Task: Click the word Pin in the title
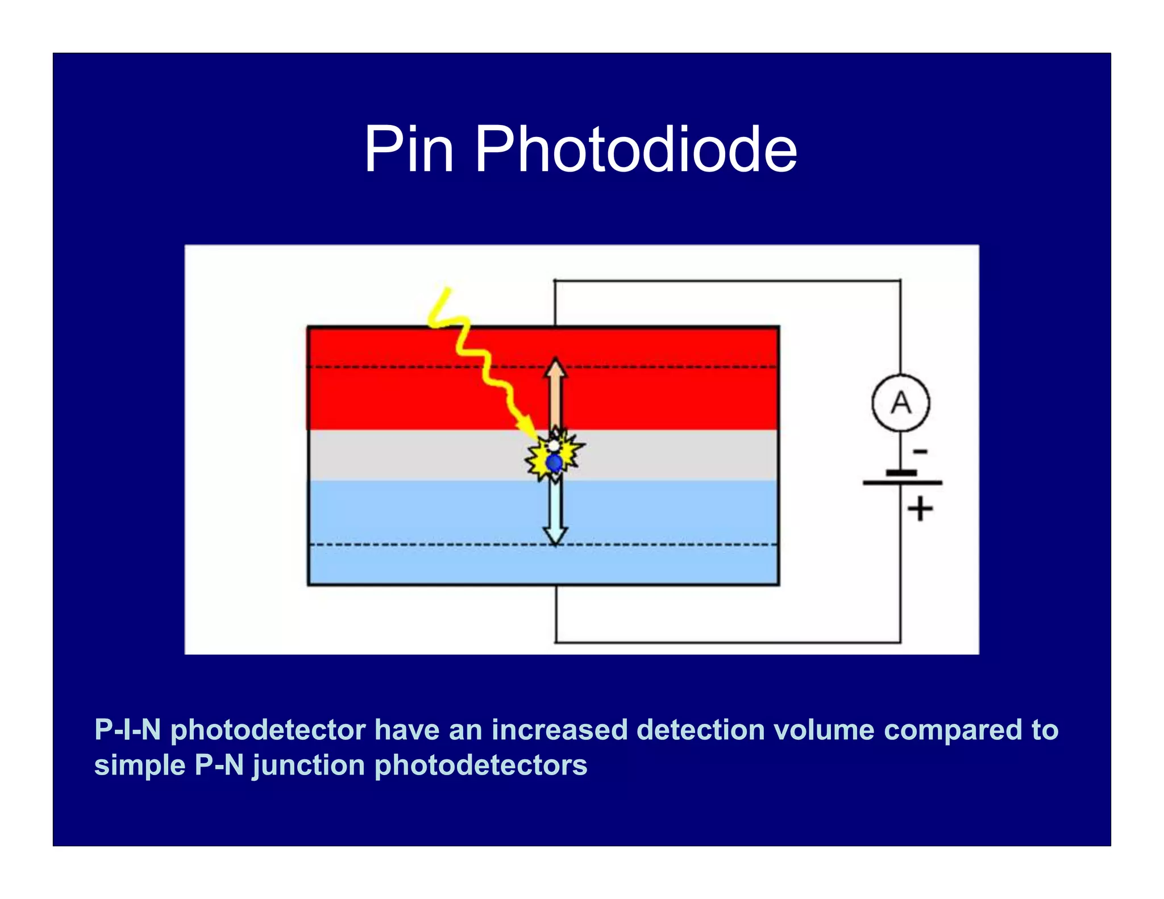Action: (x=409, y=149)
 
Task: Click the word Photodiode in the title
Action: (x=635, y=149)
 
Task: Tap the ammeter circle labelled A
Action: (x=900, y=403)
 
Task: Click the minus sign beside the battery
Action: (x=920, y=452)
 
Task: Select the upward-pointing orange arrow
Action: (x=555, y=392)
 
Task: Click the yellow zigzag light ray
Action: (x=483, y=364)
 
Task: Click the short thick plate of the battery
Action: (x=901, y=473)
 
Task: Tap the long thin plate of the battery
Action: (x=902, y=483)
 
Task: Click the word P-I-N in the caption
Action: (x=128, y=730)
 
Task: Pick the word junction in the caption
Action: (x=309, y=765)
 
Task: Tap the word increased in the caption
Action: (x=559, y=730)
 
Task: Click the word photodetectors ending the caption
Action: (x=481, y=765)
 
